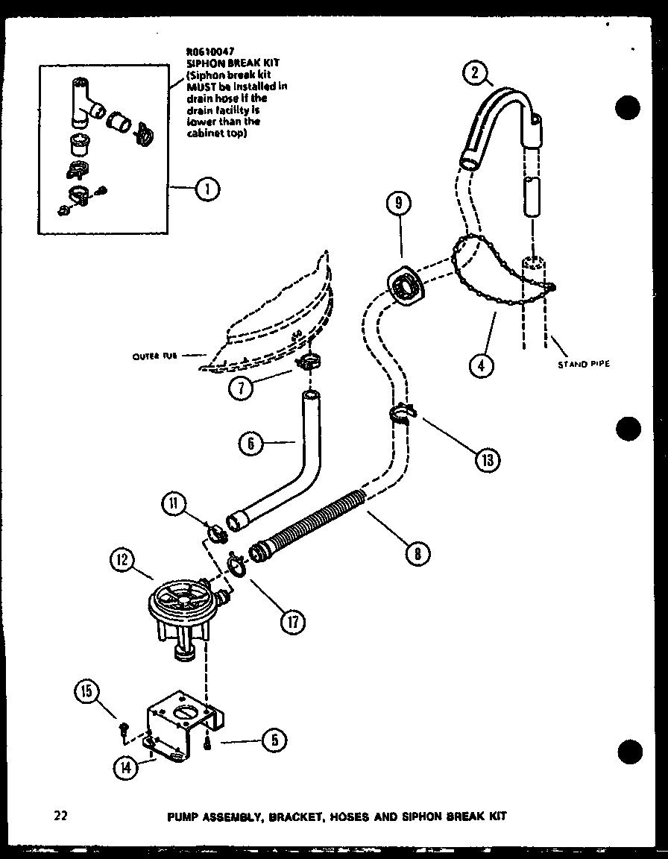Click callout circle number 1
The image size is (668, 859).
click(x=207, y=190)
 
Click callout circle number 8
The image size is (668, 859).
click(x=418, y=553)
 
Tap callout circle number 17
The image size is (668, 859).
click(x=292, y=621)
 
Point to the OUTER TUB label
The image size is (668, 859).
click(x=154, y=356)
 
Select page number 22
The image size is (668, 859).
click(x=61, y=816)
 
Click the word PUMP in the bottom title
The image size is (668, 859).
click(x=183, y=816)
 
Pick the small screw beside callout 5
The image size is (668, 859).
click(x=208, y=741)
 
